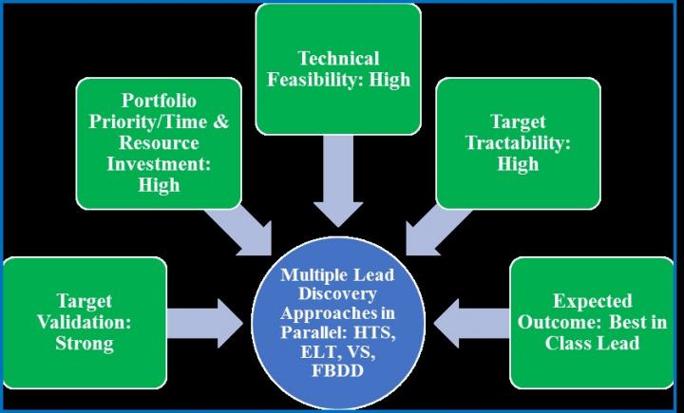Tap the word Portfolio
pos(159,101)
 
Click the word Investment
pos(159,163)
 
